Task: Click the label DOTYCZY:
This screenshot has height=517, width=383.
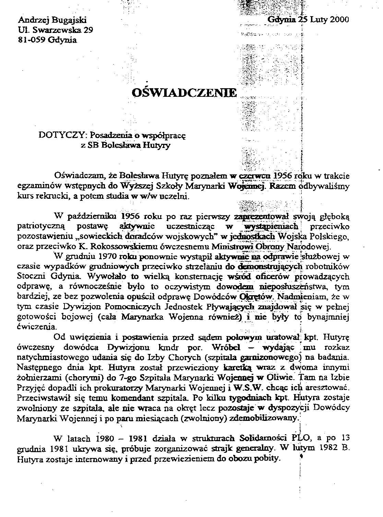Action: coord(59,135)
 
